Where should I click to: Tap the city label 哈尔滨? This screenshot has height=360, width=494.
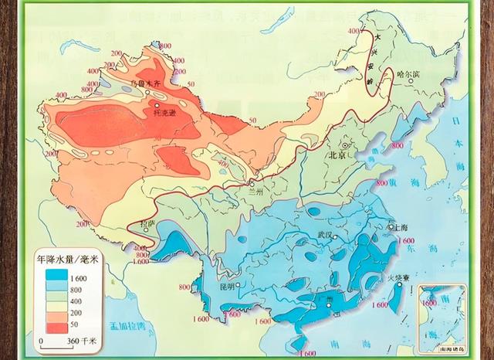coord(409,74)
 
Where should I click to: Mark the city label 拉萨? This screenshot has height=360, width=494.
coord(147,222)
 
